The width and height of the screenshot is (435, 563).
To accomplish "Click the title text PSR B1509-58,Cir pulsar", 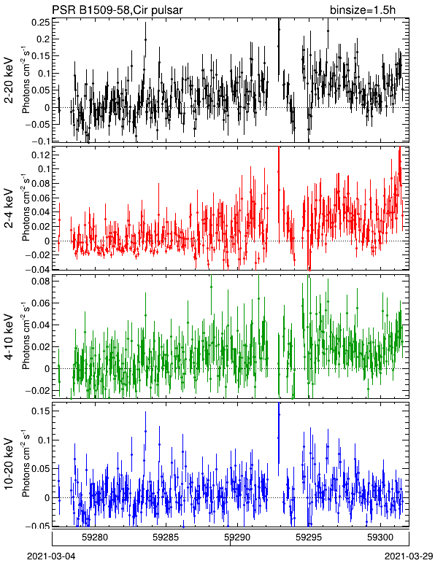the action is click(117, 9).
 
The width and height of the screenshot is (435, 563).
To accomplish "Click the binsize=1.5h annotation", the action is click(363, 9).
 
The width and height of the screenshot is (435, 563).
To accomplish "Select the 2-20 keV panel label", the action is click(9, 80).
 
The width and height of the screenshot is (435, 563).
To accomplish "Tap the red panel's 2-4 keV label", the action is click(9, 209).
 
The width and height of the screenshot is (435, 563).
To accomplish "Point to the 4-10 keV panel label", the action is click(9, 337).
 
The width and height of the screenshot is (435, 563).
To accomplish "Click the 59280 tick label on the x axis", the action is click(95, 537).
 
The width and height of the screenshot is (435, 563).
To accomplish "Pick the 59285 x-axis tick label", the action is click(166, 537).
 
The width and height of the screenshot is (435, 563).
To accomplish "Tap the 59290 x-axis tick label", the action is click(237, 537).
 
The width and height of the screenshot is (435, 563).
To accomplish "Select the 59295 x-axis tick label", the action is click(309, 537).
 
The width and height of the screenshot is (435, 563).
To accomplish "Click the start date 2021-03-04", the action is click(51, 556).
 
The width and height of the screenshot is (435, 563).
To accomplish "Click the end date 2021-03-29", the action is click(409, 556).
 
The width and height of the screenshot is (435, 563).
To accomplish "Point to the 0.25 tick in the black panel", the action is click(41, 23).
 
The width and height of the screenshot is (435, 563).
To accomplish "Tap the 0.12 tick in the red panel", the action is click(41, 155).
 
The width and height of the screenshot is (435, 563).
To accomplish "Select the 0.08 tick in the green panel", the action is click(41, 281).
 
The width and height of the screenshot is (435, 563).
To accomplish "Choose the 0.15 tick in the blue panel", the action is click(41, 411).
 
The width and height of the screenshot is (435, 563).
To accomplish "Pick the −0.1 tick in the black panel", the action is click(40, 141).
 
